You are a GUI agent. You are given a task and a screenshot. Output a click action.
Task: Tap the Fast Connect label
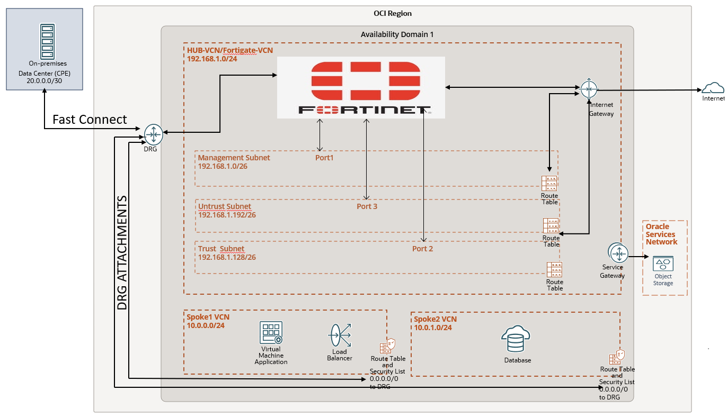[90, 120]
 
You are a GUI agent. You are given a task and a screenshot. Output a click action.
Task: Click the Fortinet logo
[361, 88]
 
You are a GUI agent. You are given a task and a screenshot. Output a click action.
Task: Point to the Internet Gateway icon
[589, 89]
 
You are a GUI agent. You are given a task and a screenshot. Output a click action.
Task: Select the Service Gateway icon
[618, 253]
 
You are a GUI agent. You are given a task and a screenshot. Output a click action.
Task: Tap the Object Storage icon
[663, 263]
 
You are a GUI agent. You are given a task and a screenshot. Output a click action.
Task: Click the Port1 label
[325, 158]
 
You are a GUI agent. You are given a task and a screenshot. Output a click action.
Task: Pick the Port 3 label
[367, 206]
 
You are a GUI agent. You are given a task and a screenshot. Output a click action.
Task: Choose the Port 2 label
[423, 249]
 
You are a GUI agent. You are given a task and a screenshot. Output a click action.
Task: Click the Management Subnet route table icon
[549, 183]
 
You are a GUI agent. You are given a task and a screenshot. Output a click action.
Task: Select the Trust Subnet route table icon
[554, 270]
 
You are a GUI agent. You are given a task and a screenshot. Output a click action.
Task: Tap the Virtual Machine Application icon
[271, 333]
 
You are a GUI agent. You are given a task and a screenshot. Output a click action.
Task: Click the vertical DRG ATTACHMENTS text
[122, 253]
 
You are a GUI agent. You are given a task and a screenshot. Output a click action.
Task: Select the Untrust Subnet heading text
[225, 206]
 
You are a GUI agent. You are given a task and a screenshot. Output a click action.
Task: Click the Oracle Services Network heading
[661, 234]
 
